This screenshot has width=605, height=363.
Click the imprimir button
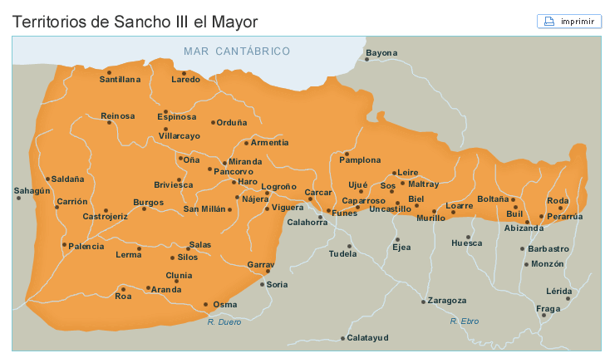(x=568, y=22)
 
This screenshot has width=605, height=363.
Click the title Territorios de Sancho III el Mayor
(x=135, y=22)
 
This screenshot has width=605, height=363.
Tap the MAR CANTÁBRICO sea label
(x=237, y=52)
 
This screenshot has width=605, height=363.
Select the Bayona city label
(x=382, y=53)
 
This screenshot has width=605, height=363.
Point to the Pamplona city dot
(x=347, y=154)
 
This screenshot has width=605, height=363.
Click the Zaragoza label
(x=448, y=301)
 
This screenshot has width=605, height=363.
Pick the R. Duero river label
(x=224, y=321)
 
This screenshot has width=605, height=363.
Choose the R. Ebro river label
(x=465, y=321)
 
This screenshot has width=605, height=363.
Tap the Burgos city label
(x=149, y=202)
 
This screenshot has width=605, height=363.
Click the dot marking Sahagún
(x=18, y=199)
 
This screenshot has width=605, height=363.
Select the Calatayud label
(x=368, y=338)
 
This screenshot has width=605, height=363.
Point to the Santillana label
(x=120, y=80)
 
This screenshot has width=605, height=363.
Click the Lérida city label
(x=559, y=291)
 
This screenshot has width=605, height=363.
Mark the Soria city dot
(x=263, y=285)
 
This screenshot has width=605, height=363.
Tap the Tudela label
(x=343, y=254)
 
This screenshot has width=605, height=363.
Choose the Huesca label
(x=466, y=243)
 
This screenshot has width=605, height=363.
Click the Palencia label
(x=86, y=247)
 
